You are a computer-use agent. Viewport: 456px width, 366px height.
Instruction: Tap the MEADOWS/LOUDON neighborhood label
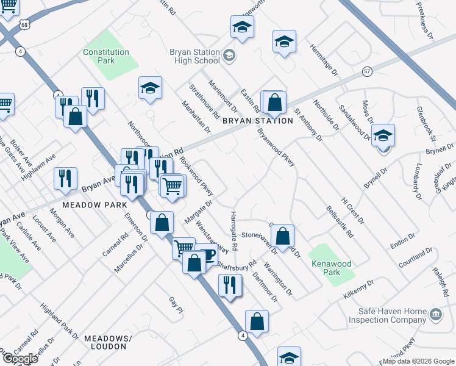pos(108,342)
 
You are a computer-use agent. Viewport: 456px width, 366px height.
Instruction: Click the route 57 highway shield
pos(366,71)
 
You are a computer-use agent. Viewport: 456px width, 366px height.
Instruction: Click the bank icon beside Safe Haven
pos(435,315)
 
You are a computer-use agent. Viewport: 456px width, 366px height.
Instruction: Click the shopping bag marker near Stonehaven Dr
pos(282,235)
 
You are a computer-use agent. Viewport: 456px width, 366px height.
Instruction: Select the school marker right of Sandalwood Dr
pos(383,135)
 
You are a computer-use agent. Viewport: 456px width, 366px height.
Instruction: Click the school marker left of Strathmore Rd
pos(150,88)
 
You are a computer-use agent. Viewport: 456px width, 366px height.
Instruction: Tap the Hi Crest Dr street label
pos(352,209)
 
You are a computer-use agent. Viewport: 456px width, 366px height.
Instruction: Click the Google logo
pos(20,359)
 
